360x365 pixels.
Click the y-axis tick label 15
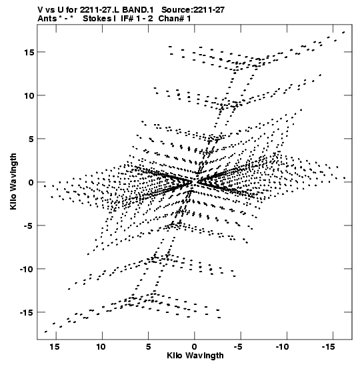pos(29,52)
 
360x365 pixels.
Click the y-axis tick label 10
pos(29,95)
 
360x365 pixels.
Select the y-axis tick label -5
pos(29,226)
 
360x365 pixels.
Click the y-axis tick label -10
pos(27,269)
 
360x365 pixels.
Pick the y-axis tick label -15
pos(27,312)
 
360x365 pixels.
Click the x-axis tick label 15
pos(55,347)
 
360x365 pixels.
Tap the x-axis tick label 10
pos(101,347)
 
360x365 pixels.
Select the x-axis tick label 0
pos(195,347)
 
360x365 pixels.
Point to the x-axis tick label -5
pos(238,347)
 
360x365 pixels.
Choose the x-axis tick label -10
pos(282,347)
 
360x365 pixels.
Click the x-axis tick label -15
pos(329,347)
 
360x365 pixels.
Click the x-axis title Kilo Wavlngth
pos(195,356)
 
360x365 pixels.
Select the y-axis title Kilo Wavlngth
pos(13,181)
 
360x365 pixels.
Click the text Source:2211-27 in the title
pos(193,10)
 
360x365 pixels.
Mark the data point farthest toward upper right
pos(343,32)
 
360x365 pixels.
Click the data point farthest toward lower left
pos(46,332)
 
